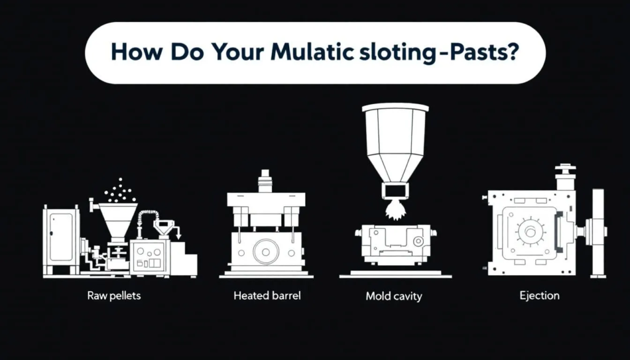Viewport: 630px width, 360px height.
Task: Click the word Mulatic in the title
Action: point(312,52)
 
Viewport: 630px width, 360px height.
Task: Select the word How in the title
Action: point(136,52)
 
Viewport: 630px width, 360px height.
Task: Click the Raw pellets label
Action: point(114,296)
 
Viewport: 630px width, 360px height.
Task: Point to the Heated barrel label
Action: point(267,296)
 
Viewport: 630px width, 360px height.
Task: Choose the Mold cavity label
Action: point(394,297)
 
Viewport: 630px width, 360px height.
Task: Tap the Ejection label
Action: point(539,296)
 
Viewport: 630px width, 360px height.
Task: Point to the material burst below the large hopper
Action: point(395,210)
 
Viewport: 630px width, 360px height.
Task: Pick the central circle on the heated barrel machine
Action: point(266,252)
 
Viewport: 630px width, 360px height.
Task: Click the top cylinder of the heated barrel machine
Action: point(265,181)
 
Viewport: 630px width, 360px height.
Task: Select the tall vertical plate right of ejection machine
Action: point(598,233)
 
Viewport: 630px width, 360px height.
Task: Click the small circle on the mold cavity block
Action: point(418,241)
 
